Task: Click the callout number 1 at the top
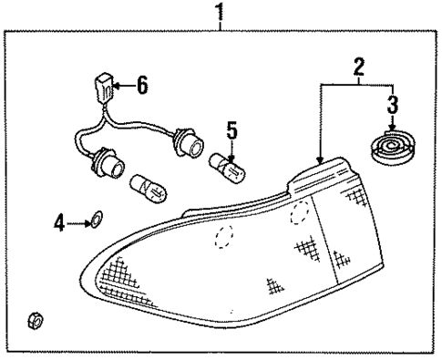[218, 13]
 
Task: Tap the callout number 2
[359, 65]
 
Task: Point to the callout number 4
[58, 221]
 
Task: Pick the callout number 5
[231, 130]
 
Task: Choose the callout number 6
[141, 87]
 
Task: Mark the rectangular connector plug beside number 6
[103, 89]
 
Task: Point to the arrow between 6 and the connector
[123, 87]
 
